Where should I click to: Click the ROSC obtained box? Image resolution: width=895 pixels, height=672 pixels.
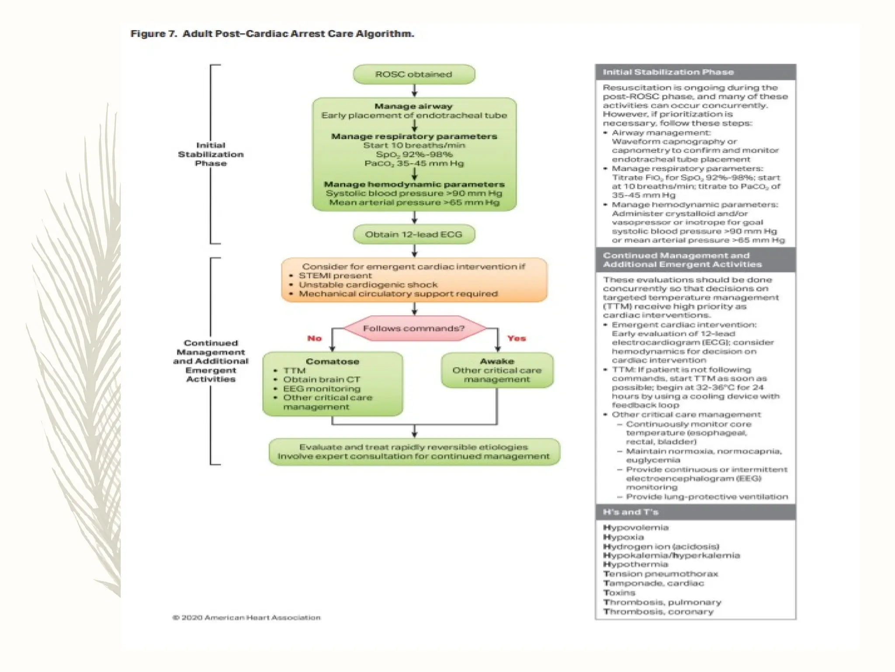[x=413, y=74]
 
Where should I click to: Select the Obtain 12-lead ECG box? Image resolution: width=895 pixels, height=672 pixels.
[x=413, y=234]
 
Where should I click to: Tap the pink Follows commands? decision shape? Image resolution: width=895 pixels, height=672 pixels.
[x=414, y=328]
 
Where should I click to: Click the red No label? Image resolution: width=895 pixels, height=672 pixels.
[x=314, y=338]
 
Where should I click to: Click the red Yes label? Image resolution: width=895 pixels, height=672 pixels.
[x=516, y=338]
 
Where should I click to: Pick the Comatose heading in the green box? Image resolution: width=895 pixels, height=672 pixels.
[x=333, y=361]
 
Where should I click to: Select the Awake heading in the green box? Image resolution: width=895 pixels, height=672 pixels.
[x=497, y=361]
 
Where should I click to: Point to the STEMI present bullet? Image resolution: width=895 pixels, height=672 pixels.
[x=335, y=276]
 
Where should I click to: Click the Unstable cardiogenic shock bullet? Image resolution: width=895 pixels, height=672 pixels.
[x=368, y=285]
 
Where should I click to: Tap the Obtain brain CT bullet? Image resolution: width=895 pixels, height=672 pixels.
[x=322, y=379]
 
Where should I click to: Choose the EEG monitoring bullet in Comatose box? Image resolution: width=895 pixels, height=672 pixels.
[x=322, y=388]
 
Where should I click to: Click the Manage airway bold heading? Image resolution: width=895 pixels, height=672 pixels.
[x=413, y=106]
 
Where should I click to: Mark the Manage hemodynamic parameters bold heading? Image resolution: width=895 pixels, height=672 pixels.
[x=414, y=184]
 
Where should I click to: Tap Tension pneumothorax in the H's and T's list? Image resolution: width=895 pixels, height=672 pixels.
[x=660, y=574]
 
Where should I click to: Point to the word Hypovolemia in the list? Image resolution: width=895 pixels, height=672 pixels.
[x=636, y=528]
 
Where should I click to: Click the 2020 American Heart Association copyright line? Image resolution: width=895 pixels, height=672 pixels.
[x=246, y=617]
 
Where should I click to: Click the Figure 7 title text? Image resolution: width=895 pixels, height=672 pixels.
[x=272, y=34]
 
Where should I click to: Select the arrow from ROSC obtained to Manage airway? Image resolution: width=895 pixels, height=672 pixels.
[x=414, y=91]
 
